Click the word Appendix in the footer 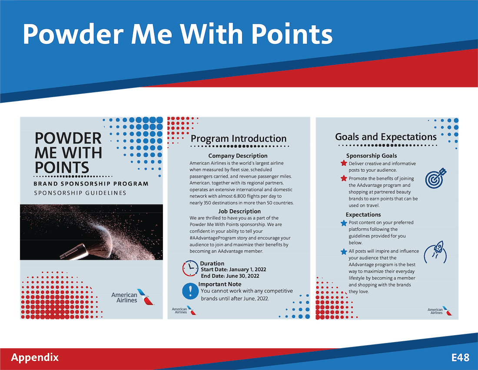[35, 357]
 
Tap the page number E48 [460, 357]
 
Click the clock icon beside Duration [190, 268]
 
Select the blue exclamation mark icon [190, 291]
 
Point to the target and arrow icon [435, 178]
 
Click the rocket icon [435, 253]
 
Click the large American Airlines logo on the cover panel [133, 297]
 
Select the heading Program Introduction [239, 138]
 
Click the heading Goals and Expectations [385, 137]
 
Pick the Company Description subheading [238, 156]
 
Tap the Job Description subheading [239, 211]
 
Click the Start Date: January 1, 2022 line [233, 269]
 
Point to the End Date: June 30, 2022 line [230, 276]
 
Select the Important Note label [220, 284]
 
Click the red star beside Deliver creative [344, 163]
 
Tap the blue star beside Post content [344, 223]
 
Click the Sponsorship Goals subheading [372, 156]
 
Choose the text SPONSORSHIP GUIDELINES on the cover [80, 193]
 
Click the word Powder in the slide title [73, 34]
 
